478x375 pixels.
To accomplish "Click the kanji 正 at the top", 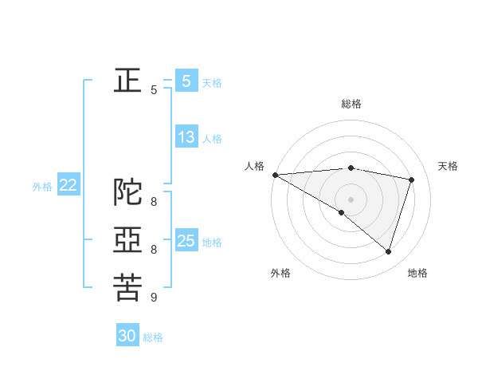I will click(127, 81).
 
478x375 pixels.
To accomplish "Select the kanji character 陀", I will click(127, 193).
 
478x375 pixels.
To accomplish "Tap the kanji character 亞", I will click(127, 240).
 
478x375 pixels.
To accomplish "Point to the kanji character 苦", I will click(127, 288).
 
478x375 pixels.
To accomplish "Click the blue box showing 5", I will click(186, 81).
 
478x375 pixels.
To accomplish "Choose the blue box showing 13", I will click(186, 136).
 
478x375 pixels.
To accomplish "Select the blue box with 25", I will click(186, 240).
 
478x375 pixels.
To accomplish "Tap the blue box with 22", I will click(68, 185).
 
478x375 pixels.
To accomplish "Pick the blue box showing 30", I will click(127, 336).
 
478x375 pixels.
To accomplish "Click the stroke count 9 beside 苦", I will click(154, 298).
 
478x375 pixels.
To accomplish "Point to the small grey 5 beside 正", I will click(154, 90).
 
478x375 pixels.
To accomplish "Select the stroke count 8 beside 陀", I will click(154, 202).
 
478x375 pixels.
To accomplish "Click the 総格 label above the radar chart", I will click(351, 104).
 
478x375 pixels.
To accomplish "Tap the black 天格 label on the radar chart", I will click(449, 166).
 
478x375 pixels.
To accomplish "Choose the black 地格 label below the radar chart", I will click(417, 273).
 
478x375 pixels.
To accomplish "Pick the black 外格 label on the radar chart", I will click(280, 273).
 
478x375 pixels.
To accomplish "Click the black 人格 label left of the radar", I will click(254, 166).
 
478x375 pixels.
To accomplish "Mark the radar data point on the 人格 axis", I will click(275, 175).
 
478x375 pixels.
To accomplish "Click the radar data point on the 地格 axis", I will click(388, 251).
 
